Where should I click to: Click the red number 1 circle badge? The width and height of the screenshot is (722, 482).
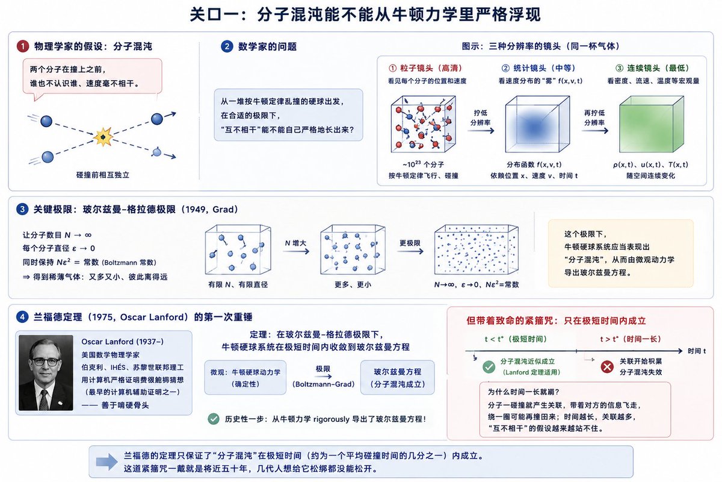click(23, 46)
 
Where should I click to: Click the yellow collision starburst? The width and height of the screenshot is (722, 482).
click(103, 137)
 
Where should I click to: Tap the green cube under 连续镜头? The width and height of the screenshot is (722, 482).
click(652, 124)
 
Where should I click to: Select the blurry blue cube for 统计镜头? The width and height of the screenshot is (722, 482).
click(537, 124)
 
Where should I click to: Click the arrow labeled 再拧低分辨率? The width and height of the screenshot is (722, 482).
click(595, 131)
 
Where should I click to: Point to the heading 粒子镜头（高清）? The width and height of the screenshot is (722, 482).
click(425, 68)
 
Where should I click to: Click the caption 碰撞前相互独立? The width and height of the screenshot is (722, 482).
click(103, 175)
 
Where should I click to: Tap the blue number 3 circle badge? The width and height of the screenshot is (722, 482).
click(22, 209)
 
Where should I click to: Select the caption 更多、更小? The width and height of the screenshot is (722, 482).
click(353, 284)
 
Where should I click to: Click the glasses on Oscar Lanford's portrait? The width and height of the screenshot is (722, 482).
click(46, 361)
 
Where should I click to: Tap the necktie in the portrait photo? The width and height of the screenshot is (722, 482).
click(44, 399)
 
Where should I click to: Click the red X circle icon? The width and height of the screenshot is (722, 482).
click(607, 367)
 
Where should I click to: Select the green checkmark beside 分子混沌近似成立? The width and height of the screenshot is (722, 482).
click(489, 367)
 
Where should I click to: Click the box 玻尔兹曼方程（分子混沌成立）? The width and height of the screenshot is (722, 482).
click(398, 377)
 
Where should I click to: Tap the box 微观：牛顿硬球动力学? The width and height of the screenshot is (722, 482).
click(245, 377)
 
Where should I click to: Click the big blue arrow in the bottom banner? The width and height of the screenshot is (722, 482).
click(106, 462)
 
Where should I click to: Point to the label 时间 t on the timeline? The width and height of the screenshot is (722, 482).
click(697, 351)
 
